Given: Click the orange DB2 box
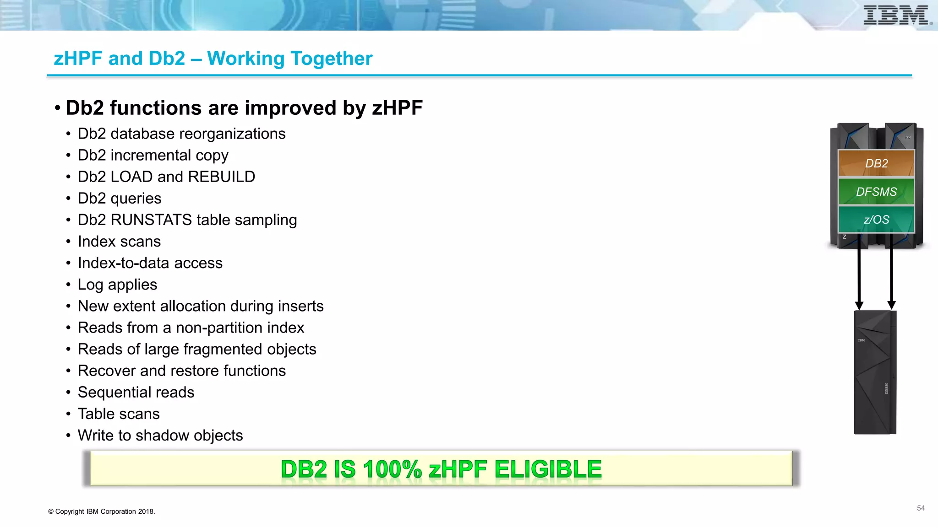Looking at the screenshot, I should (876, 163).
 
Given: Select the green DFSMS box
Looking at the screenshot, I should (876, 192).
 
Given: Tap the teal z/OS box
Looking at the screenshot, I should (876, 220).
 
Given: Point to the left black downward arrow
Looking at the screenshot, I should (859, 274).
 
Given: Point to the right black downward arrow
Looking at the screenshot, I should (891, 274).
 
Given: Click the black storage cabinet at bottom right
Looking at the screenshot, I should (875, 373).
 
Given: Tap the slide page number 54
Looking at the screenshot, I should (921, 508).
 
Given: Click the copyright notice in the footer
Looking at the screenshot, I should (102, 511).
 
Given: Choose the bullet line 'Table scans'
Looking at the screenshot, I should (119, 414).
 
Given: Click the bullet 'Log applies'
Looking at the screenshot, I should (117, 285).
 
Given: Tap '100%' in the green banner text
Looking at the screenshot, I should (392, 469).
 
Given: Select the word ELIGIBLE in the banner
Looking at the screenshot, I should (548, 469).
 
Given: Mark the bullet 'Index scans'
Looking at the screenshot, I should (119, 242).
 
